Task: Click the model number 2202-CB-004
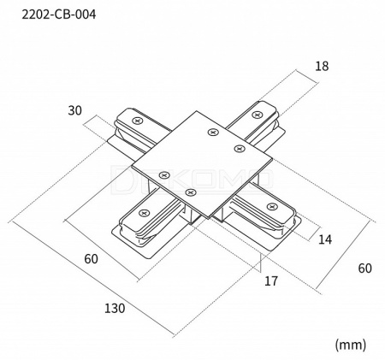(59, 15)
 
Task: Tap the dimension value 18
(322, 66)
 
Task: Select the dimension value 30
(74, 110)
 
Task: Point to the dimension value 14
(325, 239)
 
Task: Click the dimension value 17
(271, 281)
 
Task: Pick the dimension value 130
(115, 309)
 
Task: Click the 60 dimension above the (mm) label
(365, 269)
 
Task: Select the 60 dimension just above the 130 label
(91, 259)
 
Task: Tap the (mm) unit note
(351, 345)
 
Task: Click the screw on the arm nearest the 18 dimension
(258, 115)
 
